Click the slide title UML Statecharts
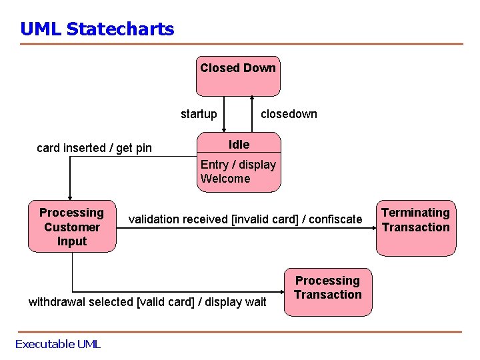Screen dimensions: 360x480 (97, 29)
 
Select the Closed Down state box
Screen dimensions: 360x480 (238, 75)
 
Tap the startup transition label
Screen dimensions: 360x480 (199, 114)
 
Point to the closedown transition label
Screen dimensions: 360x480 (289, 114)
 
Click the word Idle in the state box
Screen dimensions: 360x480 (239, 145)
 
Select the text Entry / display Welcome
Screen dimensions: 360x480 (238, 171)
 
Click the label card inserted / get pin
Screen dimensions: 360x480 (94, 148)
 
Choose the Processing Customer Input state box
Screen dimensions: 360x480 (72, 227)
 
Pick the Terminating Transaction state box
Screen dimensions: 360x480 (415, 227)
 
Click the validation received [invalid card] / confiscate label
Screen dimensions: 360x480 (245, 219)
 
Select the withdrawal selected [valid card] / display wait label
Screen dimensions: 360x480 (147, 302)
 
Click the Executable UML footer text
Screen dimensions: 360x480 (57, 344)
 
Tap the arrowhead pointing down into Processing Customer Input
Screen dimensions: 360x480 (69, 195)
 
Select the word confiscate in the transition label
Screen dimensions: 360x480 (337, 219)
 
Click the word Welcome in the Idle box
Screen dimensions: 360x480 (225, 179)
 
